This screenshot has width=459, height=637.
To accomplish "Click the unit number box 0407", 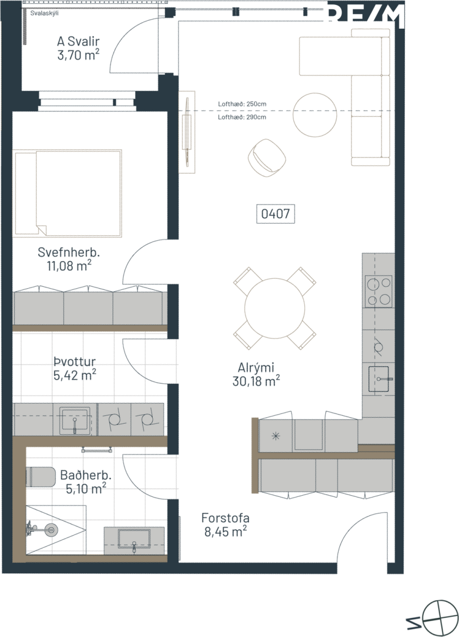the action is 275,213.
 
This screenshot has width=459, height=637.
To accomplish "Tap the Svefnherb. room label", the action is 69,253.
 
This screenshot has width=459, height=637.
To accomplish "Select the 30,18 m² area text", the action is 256,381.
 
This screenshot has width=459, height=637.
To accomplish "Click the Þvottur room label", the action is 75,361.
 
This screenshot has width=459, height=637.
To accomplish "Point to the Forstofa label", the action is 226,518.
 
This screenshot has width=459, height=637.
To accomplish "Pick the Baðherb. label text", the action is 86,475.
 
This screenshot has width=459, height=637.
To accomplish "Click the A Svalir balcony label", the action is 79,41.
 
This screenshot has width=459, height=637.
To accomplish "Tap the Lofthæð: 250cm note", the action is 242,104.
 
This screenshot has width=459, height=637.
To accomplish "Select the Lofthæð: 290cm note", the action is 242,117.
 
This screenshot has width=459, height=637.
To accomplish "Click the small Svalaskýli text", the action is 45,13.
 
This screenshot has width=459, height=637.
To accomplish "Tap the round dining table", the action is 274,308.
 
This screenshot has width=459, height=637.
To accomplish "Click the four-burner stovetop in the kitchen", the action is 378,291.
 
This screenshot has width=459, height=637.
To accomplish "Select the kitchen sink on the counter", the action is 379,379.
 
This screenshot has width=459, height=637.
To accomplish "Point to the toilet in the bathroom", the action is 40,477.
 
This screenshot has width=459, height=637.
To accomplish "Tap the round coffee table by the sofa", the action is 315,115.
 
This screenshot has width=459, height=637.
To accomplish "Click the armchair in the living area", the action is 267,158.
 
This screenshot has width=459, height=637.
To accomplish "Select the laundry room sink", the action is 75,421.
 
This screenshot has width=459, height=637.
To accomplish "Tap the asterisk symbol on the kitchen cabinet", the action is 276,436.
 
